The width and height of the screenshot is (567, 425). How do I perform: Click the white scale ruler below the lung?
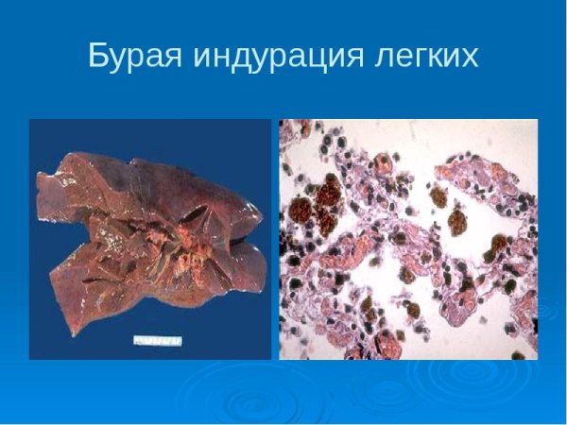tap(157, 337)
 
